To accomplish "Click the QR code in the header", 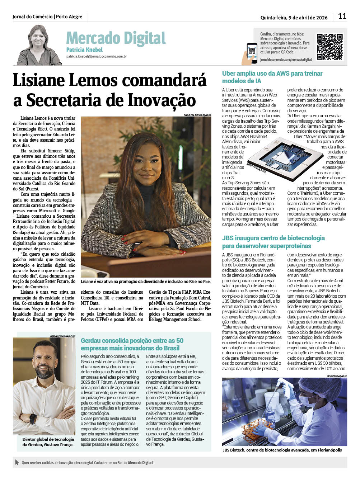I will click(329, 47).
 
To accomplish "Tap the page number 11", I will click(342, 16).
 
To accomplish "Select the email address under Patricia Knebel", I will click(97, 57).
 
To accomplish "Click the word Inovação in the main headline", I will click(165, 100).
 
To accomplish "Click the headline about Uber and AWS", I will click(272, 77).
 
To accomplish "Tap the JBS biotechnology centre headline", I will click(273, 242).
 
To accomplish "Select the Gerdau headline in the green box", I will click(132, 344).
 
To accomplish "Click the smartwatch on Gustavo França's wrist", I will click(33, 419).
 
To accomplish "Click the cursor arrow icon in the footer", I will click(17, 463).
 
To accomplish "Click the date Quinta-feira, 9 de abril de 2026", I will click(294, 18).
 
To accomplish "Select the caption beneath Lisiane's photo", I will click(146, 282).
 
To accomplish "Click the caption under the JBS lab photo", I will click(282, 450).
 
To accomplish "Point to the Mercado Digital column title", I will click(116, 38).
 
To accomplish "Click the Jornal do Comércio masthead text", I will click(47, 17).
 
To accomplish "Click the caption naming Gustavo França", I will click(48, 442).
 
